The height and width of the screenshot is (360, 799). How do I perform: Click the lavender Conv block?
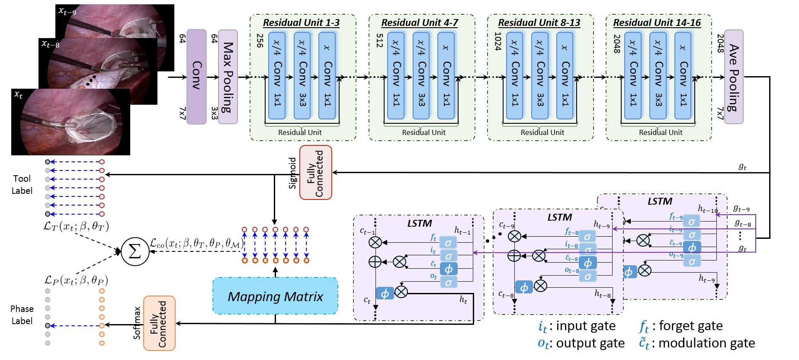point(196,77)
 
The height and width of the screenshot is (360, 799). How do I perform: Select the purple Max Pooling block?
point(228,77)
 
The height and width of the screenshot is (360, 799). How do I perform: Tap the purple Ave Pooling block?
point(734,77)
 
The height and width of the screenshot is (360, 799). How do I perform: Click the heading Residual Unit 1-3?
point(301,22)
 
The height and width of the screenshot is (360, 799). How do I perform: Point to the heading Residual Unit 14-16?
point(657,22)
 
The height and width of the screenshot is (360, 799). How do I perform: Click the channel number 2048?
point(617,44)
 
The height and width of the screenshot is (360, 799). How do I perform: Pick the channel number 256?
point(260,41)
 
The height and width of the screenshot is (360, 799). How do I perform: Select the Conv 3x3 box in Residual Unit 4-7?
point(421,76)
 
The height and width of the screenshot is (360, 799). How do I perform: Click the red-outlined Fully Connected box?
point(316,172)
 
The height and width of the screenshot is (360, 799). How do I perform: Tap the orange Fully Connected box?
point(159,323)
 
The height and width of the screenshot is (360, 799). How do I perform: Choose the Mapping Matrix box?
point(275,296)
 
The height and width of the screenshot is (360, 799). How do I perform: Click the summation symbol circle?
point(135,251)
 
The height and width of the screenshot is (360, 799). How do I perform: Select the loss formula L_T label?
point(75,226)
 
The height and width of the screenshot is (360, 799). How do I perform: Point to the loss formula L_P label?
point(76,280)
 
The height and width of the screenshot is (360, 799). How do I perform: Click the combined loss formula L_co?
point(196,243)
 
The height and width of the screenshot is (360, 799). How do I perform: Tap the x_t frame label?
point(19,94)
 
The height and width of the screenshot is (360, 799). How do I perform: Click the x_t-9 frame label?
point(67,11)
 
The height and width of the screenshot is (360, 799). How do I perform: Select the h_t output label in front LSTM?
point(463,299)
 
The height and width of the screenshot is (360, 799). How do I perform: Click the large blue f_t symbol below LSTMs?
point(644,326)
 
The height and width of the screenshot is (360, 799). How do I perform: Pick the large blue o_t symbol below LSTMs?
point(543,344)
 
